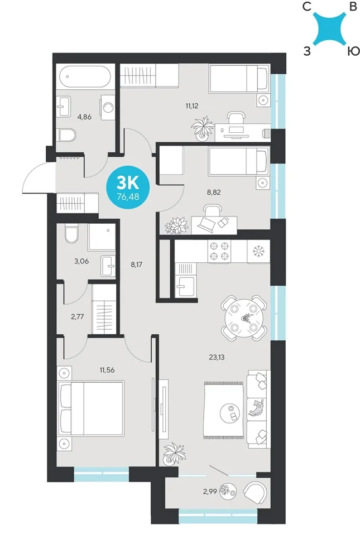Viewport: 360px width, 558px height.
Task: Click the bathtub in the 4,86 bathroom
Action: [x=85, y=76]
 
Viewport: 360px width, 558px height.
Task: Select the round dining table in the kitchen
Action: [x=244, y=318]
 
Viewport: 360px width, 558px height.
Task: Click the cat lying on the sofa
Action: [x=256, y=408]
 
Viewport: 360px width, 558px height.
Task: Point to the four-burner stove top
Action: [x=219, y=251]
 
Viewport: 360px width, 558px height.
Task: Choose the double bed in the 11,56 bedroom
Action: [x=91, y=408]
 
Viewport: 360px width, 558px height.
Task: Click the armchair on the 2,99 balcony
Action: [x=256, y=493]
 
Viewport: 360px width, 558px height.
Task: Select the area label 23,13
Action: [x=217, y=357]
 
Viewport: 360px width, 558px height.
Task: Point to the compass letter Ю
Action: [x=353, y=51]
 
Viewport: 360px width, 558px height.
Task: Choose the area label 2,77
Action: [x=77, y=316]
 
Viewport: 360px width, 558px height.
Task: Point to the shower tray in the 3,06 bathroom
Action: [x=102, y=237]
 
